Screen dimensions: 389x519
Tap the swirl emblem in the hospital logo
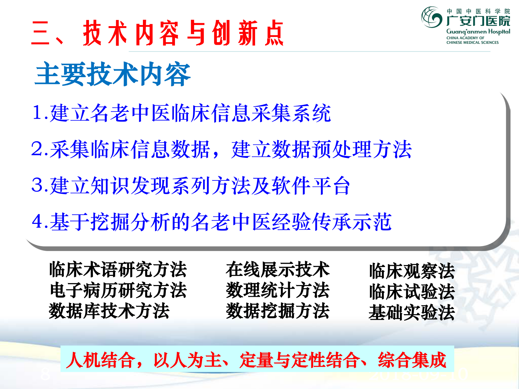(432, 17)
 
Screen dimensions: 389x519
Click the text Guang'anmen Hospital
(478, 32)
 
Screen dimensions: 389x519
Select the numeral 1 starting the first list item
(37, 113)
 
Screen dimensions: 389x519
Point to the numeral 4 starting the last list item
(37, 221)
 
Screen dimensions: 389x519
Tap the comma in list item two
(216, 154)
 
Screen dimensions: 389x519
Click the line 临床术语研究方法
(118, 270)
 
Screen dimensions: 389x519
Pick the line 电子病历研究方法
(118, 290)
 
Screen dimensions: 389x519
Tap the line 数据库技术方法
(109, 311)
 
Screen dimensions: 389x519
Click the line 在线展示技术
(277, 270)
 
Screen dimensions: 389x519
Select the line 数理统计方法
(277, 290)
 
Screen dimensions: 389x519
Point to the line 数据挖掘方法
(277, 311)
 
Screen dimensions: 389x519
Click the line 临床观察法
(412, 271)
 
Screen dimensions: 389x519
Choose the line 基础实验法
(412, 312)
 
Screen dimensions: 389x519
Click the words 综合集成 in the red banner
(412, 360)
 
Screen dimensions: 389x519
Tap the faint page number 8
(45, 374)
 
